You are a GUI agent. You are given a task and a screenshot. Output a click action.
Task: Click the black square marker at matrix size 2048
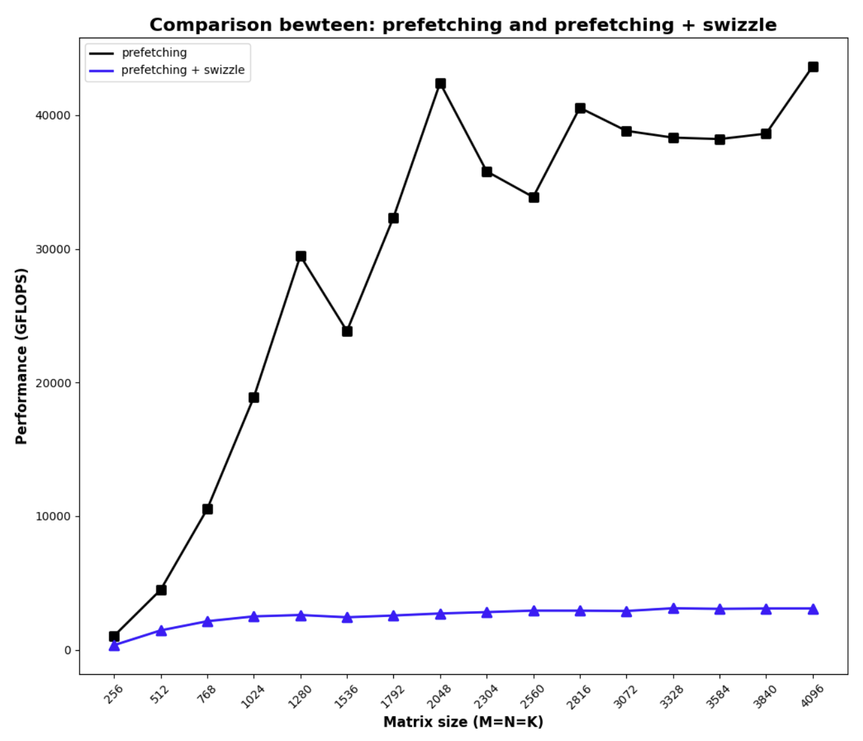click(x=441, y=84)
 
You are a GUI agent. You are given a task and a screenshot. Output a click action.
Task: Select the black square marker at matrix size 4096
click(x=813, y=67)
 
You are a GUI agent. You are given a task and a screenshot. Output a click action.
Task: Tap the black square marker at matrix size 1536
click(x=347, y=332)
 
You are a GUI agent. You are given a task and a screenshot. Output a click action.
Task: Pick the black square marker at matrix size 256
click(x=114, y=637)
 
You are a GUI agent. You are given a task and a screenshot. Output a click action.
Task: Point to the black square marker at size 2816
click(x=580, y=108)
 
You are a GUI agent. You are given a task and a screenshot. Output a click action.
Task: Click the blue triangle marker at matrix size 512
click(x=161, y=630)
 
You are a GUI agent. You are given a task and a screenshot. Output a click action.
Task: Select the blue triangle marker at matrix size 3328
click(x=674, y=609)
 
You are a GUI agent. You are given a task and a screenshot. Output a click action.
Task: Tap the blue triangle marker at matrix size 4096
click(x=813, y=609)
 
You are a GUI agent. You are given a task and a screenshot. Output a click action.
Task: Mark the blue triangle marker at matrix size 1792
click(x=393, y=616)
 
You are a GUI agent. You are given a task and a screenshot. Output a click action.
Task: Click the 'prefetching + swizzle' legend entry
click(x=182, y=70)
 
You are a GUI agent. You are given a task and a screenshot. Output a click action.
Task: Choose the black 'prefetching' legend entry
click(x=154, y=53)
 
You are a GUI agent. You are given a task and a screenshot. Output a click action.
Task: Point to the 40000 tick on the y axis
click(x=53, y=115)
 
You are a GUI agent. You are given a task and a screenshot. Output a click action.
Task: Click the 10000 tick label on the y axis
click(x=53, y=516)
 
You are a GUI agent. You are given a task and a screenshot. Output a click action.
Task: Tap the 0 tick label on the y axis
click(x=67, y=650)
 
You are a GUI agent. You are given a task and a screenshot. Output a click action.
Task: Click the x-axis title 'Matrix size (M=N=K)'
click(x=463, y=722)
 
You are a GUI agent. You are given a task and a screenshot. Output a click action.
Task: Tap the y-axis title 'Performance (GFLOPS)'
click(x=21, y=356)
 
